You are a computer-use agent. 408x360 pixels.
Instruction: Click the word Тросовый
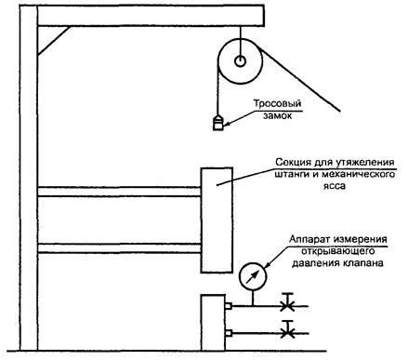277,104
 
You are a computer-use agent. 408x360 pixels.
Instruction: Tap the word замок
278,115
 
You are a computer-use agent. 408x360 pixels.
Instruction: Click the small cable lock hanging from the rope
217,123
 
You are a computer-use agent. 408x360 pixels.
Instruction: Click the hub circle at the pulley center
240,61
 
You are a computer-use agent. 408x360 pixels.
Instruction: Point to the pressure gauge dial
253,276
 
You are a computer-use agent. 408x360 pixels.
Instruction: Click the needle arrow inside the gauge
252,277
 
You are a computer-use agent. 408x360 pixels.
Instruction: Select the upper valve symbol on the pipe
288,302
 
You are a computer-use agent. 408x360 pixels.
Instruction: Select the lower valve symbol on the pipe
288,329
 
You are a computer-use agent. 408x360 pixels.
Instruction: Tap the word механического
359,174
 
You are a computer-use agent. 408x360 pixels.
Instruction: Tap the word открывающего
338,251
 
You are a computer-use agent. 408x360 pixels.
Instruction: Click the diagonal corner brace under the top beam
54,41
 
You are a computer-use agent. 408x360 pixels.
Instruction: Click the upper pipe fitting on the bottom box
229,306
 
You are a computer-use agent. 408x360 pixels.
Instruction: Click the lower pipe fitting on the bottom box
229,333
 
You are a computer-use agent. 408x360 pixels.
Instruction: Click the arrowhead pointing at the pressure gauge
267,264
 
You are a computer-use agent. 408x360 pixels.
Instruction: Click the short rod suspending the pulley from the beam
240,41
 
